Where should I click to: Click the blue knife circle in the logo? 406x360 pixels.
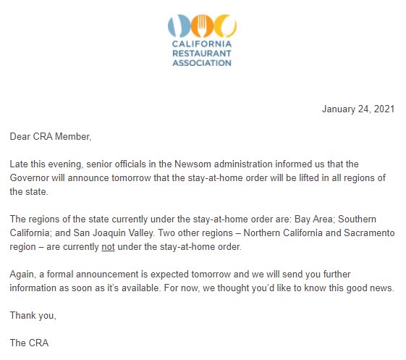point(177,26)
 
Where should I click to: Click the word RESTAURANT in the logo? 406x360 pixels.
point(201,53)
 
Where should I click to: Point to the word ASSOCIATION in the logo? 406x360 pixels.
point(201,62)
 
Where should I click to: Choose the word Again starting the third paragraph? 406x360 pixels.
point(23,273)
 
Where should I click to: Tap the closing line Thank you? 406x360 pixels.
point(33,314)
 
